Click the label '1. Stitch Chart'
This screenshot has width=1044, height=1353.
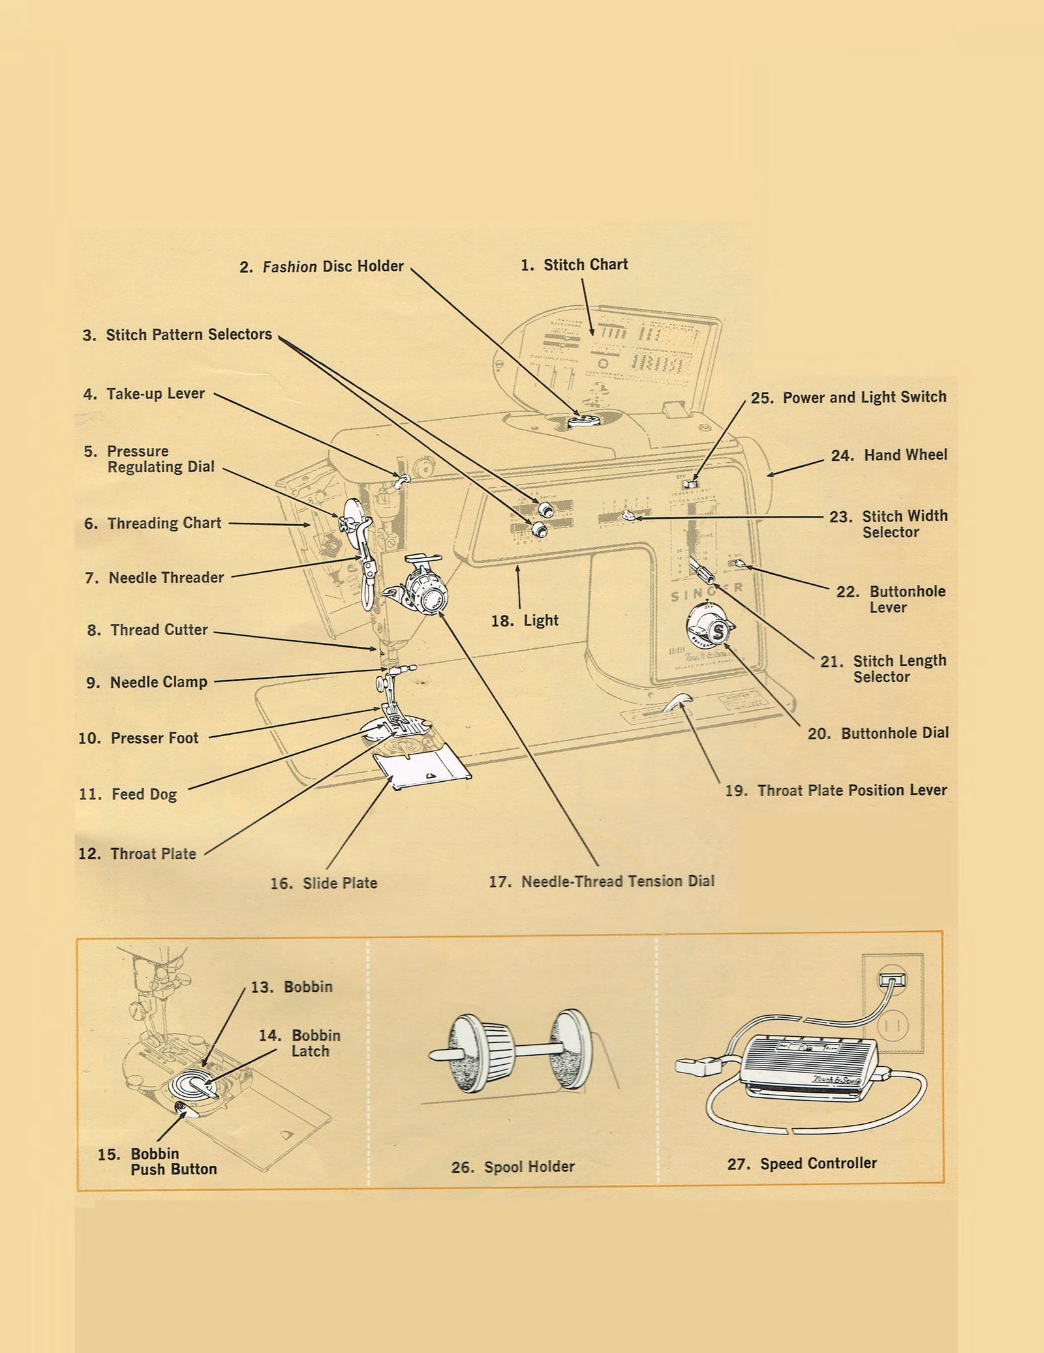click(574, 265)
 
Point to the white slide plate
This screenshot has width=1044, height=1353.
click(421, 769)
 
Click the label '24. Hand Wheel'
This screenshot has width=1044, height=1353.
click(889, 455)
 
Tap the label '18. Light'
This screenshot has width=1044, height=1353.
click(525, 620)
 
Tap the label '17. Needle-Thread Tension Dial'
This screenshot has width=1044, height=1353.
click(602, 882)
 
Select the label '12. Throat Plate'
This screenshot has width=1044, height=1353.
click(137, 854)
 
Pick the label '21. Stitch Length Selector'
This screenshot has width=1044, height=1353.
click(883, 668)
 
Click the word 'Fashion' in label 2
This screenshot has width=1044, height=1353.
click(290, 267)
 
